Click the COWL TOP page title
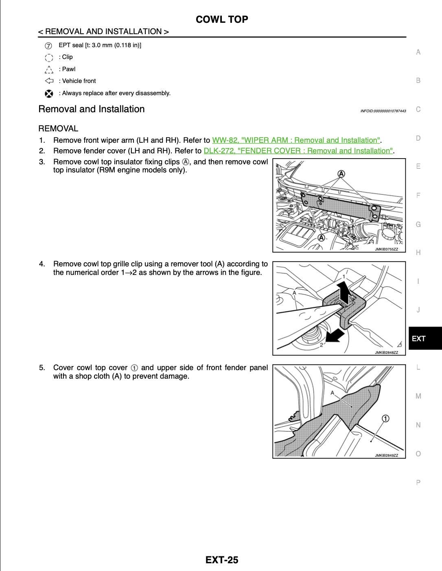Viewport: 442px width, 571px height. pyautogui.click(x=222, y=20)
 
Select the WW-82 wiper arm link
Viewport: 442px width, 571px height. pyautogui.click(x=296, y=140)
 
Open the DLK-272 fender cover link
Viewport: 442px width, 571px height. pyautogui.click(x=298, y=151)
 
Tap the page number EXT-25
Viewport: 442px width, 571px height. pyautogui.click(x=222, y=560)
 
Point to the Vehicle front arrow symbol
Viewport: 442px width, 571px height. pyautogui.click(x=49, y=81)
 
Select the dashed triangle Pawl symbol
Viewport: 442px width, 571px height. pyautogui.click(x=49, y=69)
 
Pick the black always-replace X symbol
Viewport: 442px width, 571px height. pyautogui.click(x=49, y=94)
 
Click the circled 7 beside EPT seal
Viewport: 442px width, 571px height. pyautogui.click(x=48, y=45)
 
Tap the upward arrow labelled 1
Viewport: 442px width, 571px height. pyautogui.click(x=344, y=292)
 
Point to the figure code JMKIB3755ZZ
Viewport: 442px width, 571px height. pyautogui.click(x=386, y=249)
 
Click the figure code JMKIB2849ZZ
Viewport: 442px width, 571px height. pyautogui.click(x=386, y=455)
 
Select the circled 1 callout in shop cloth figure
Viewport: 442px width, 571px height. pyautogui.click(x=385, y=418)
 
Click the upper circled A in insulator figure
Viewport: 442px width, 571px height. pyautogui.click(x=341, y=174)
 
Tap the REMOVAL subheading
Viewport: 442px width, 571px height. pyautogui.click(x=58, y=129)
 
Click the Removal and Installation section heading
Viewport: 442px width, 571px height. pyautogui.click(x=92, y=109)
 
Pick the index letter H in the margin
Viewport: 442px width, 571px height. pyautogui.click(x=418, y=253)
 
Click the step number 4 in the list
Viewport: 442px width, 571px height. pyautogui.click(x=42, y=264)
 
